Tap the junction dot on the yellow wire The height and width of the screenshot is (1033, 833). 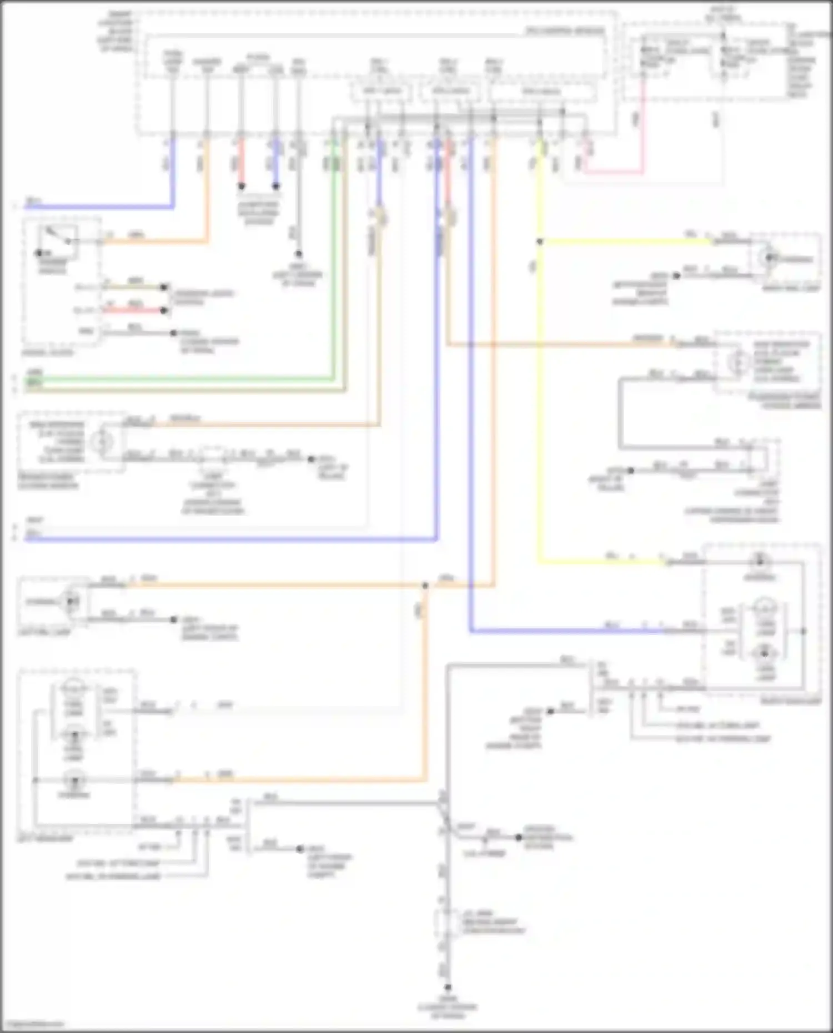[x=539, y=241]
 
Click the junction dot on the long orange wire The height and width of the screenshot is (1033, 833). [x=425, y=586]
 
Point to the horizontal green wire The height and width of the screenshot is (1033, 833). [x=178, y=380]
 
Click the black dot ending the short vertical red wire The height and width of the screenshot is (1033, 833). [x=242, y=187]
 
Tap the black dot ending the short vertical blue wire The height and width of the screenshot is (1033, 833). [x=275, y=187]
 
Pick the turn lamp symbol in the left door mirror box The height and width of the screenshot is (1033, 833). [x=102, y=442]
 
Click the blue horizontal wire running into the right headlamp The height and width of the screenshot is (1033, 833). [x=566, y=631]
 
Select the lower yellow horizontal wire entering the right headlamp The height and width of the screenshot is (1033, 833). [x=600, y=562]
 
